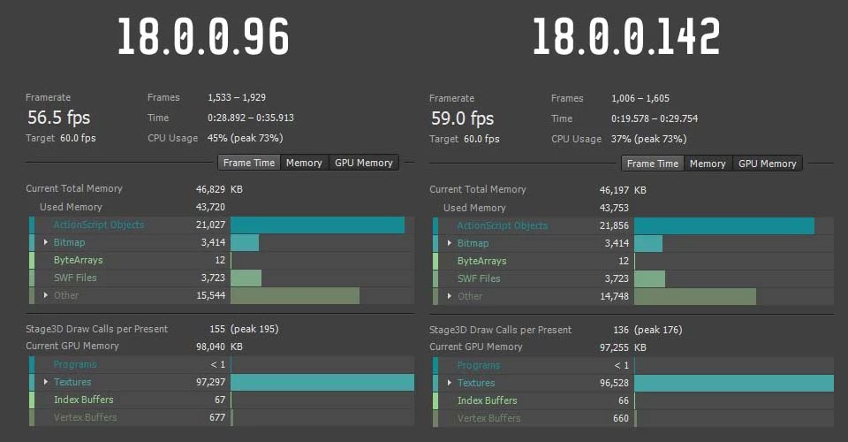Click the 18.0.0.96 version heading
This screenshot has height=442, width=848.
click(x=203, y=37)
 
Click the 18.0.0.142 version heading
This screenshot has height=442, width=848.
click(x=626, y=37)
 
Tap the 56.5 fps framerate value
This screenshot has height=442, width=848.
click(x=58, y=118)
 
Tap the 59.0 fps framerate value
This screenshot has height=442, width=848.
click(x=462, y=118)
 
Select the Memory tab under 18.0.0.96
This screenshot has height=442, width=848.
click(x=304, y=163)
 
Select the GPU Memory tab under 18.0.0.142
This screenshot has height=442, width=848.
click(x=767, y=164)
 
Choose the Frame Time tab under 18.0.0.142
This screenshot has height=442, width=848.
click(x=653, y=164)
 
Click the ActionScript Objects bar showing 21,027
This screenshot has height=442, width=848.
click(x=317, y=225)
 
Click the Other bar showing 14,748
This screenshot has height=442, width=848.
click(x=695, y=296)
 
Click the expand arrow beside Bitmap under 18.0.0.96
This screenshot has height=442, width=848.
click(x=45, y=242)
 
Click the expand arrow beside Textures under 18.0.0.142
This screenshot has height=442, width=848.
click(x=449, y=383)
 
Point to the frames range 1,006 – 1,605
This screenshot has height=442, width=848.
click(x=647, y=98)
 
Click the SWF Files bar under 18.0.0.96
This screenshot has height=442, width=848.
click(x=246, y=278)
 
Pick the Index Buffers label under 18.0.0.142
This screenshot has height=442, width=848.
click(x=488, y=400)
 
